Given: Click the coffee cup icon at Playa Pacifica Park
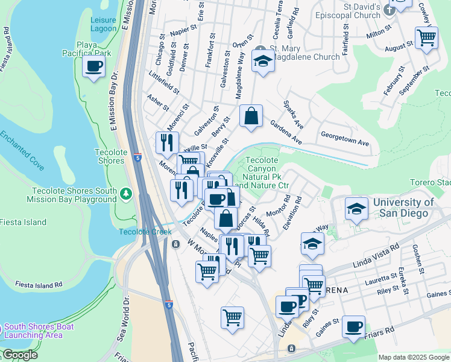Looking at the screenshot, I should [x=93, y=66].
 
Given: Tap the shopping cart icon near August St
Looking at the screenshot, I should [x=426, y=37].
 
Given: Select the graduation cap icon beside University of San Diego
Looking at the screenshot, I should [x=356, y=209].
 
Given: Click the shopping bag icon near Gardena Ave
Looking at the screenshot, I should [x=251, y=115].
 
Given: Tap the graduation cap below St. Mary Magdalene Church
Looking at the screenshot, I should [x=263, y=61].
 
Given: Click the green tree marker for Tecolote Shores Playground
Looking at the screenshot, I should [x=126, y=194].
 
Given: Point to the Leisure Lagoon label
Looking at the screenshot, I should [x=103, y=24].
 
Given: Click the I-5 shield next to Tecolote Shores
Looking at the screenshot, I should [x=139, y=158].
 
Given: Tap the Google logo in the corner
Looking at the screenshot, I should [x=20, y=355].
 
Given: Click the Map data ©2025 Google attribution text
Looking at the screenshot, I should [x=414, y=357].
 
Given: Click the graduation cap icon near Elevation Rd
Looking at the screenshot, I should [x=312, y=244].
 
